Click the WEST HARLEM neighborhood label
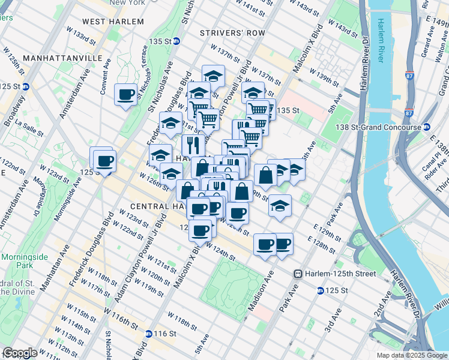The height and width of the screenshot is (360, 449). coord(113,22)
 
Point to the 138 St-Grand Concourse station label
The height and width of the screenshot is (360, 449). coord(381,127)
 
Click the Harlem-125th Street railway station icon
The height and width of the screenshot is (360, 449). coord(297,274)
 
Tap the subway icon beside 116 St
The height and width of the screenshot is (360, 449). coord(148,333)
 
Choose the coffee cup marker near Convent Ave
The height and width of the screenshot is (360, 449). coord(126,95)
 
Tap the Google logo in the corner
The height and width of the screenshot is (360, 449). coord(20,353)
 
